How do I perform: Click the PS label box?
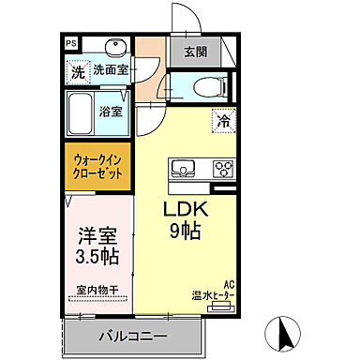(x=71, y=43)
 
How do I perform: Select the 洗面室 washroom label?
(x=111, y=69)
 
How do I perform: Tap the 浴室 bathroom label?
(x=111, y=111)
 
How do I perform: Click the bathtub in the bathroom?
(x=82, y=110)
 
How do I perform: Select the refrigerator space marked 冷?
(x=223, y=119)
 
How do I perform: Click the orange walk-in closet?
(x=98, y=167)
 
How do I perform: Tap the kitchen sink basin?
(x=181, y=170)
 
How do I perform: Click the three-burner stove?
(x=222, y=170)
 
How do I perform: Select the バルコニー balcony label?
(x=132, y=336)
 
